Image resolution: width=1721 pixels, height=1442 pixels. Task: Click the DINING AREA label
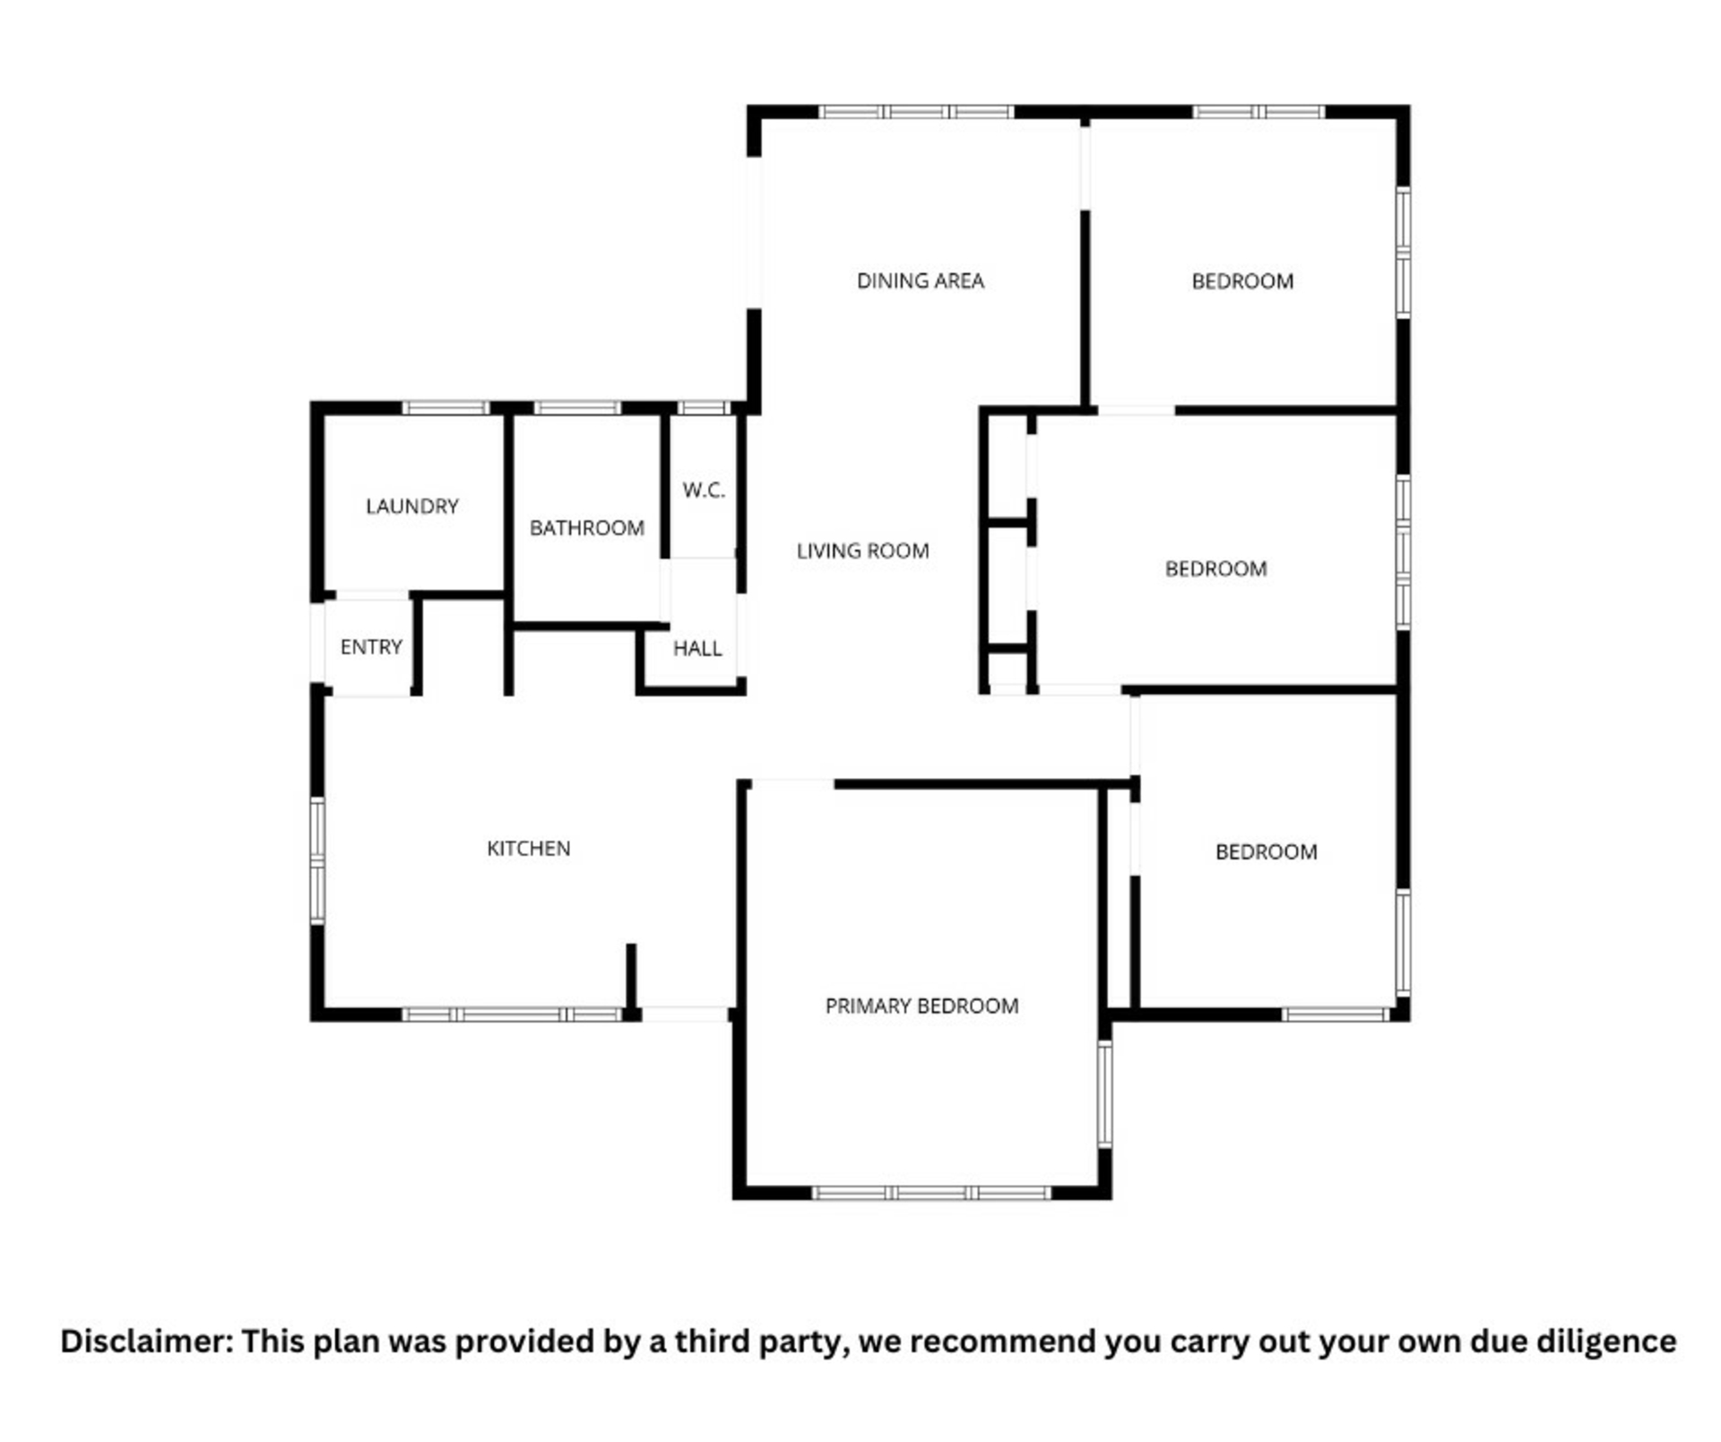[x=920, y=281]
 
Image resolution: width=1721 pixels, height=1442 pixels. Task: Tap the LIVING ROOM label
[x=862, y=551]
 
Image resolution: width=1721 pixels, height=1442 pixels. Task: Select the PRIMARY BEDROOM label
[x=921, y=1006]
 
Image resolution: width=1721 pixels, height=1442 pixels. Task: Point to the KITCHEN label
[x=528, y=849]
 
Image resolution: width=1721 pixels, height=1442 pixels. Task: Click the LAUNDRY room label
[x=411, y=506]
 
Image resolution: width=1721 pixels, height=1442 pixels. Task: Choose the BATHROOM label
[x=586, y=528]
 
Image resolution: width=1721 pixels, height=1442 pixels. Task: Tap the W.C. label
[x=704, y=490]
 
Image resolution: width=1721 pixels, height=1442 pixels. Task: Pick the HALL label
[x=697, y=649]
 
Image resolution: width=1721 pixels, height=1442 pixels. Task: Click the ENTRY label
[x=371, y=647]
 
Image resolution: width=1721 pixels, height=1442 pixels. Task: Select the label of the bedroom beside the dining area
[x=1242, y=281]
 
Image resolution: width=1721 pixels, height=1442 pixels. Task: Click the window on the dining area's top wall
[x=915, y=112]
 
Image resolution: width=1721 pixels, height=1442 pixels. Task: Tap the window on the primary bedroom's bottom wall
[x=930, y=1193]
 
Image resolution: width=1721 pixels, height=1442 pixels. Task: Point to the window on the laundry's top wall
[x=445, y=408]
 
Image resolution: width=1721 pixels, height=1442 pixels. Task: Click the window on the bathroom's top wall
[x=577, y=408]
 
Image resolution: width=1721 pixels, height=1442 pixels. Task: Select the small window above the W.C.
[x=704, y=408]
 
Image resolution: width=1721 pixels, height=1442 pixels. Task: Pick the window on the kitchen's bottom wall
[x=512, y=1015]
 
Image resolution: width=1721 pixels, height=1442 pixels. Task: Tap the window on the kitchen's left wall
[x=317, y=860]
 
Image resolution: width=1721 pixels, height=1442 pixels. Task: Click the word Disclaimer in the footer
[x=147, y=1342]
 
